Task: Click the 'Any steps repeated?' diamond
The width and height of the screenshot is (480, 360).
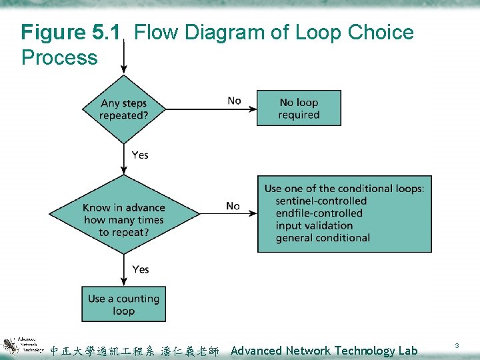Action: pyautogui.click(x=123, y=109)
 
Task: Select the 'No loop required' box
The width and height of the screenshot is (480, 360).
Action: pyautogui.click(x=299, y=109)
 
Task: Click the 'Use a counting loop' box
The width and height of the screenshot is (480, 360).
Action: pyautogui.click(x=123, y=305)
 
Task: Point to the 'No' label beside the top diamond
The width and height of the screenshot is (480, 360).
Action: pyautogui.click(x=234, y=101)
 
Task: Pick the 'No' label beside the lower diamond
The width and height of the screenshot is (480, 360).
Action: pyautogui.click(x=233, y=206)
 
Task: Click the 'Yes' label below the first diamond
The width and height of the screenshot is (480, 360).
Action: pyautogui.click(x=140, y=155)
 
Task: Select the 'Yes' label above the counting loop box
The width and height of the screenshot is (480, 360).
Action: pyautogui.click(x=140, y=269)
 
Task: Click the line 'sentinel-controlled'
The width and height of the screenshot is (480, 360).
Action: pyautogui.click(x=321, y=201)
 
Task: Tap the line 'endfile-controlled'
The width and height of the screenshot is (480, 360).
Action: pyautogui.click(x=319, y=213)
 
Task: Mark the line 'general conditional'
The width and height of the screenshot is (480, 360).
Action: pyautogui.click(x=323, y=238)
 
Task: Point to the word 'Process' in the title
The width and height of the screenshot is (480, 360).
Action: pyautogui.click(x=59, y=57)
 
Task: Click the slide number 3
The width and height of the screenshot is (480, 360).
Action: pyautogui.click(x=457, y=345)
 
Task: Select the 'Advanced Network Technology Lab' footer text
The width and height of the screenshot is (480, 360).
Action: pyautogui.click(x=324, y=351)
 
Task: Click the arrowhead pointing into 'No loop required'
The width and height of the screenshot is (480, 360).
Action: pyautogui.click(x=253, y=109)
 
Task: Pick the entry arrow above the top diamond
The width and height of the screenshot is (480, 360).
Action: pyautogui.click(x=123, y=63)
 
